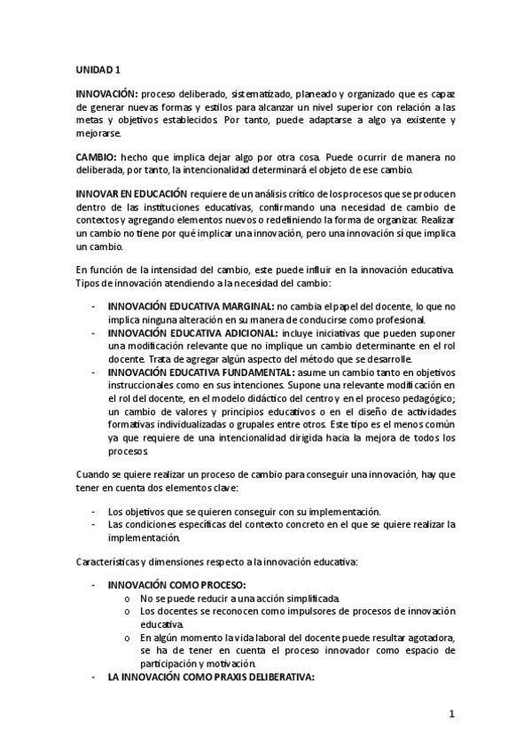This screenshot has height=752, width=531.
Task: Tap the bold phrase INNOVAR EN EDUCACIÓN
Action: (x=131, y=193)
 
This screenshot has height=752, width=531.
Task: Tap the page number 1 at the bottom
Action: (x=451, y=714)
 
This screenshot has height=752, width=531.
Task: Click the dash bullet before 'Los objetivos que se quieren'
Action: (x=94, y=512)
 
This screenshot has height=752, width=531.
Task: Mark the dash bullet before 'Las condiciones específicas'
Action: (x=94, y=525)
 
